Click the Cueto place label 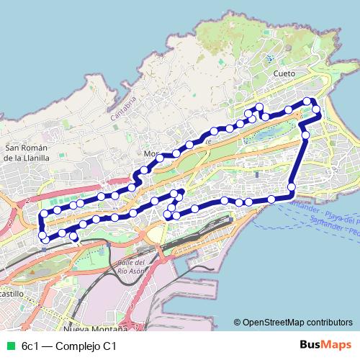tap(286, 73)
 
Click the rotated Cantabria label tap(123, 105)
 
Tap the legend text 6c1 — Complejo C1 tap(69, 346)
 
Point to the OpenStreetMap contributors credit tap(295, 323)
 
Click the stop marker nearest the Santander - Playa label tap(292, 187)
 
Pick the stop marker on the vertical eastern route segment tap(305, 135)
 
